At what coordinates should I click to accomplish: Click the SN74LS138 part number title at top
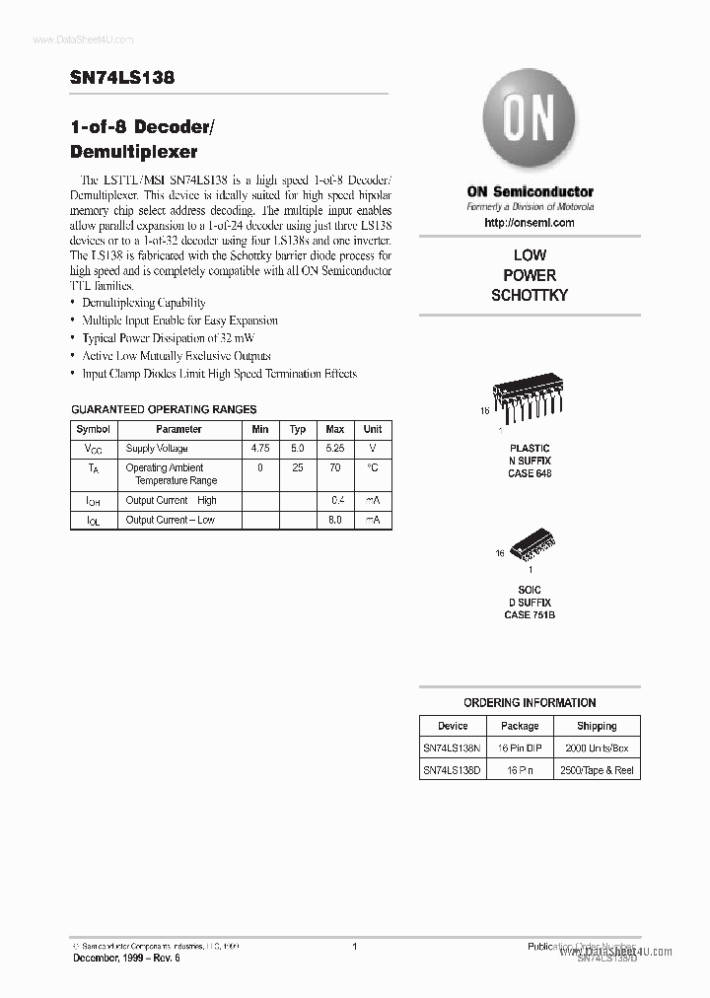pos(123,79)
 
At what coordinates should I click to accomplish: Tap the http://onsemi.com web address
pos(530,223)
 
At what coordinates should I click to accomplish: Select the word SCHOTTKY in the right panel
pos(530,295)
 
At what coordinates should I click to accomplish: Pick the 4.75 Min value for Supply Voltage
pos(260,448)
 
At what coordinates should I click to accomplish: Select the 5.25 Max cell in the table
pos(335,448)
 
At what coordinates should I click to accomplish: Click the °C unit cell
pos(373,468)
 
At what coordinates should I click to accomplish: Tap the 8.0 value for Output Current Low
pos(335,520)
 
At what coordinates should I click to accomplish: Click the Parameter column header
pos(178,429)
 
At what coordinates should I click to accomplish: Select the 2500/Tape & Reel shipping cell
pos(596,770)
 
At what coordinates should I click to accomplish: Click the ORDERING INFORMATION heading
pos(530,703)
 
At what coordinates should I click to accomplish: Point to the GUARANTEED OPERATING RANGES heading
pos(164,408)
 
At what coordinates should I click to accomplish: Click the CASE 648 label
pos(530,473)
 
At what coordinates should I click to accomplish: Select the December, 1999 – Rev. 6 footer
pos(126,959)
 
